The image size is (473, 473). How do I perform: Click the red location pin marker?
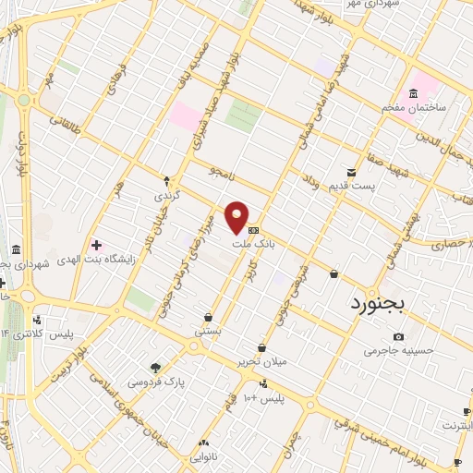(237, 218)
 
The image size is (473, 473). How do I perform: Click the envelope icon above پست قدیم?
(351, 173)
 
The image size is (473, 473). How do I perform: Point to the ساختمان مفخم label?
(414, 107)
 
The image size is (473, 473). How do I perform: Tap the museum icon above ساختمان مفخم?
(413, 93)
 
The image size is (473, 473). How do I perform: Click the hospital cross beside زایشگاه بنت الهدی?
(97, 245)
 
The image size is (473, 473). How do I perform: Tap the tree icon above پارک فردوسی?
(156, 368)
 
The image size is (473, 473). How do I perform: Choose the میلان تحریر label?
(262, 360)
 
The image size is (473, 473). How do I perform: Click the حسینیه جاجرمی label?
(395, 350)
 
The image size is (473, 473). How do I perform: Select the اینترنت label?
(456, 426)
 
